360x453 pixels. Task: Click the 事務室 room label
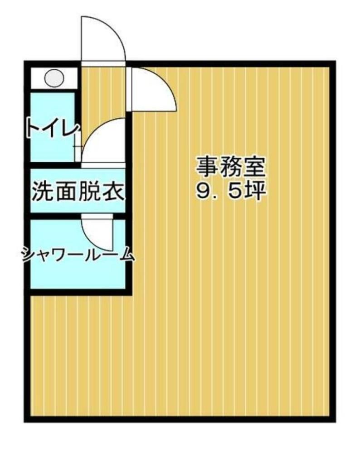(x=231, y=168)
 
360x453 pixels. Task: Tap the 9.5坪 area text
(x=231, y=191)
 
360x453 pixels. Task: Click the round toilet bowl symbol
(x=54, y=78)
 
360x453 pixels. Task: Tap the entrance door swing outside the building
(x=103, y=39)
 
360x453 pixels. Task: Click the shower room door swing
(x=97, y=232)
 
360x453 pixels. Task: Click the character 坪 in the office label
(x=255, y=191)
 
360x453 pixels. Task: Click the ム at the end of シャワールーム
(x=126, y=255)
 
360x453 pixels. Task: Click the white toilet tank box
(x=54, y=78)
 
